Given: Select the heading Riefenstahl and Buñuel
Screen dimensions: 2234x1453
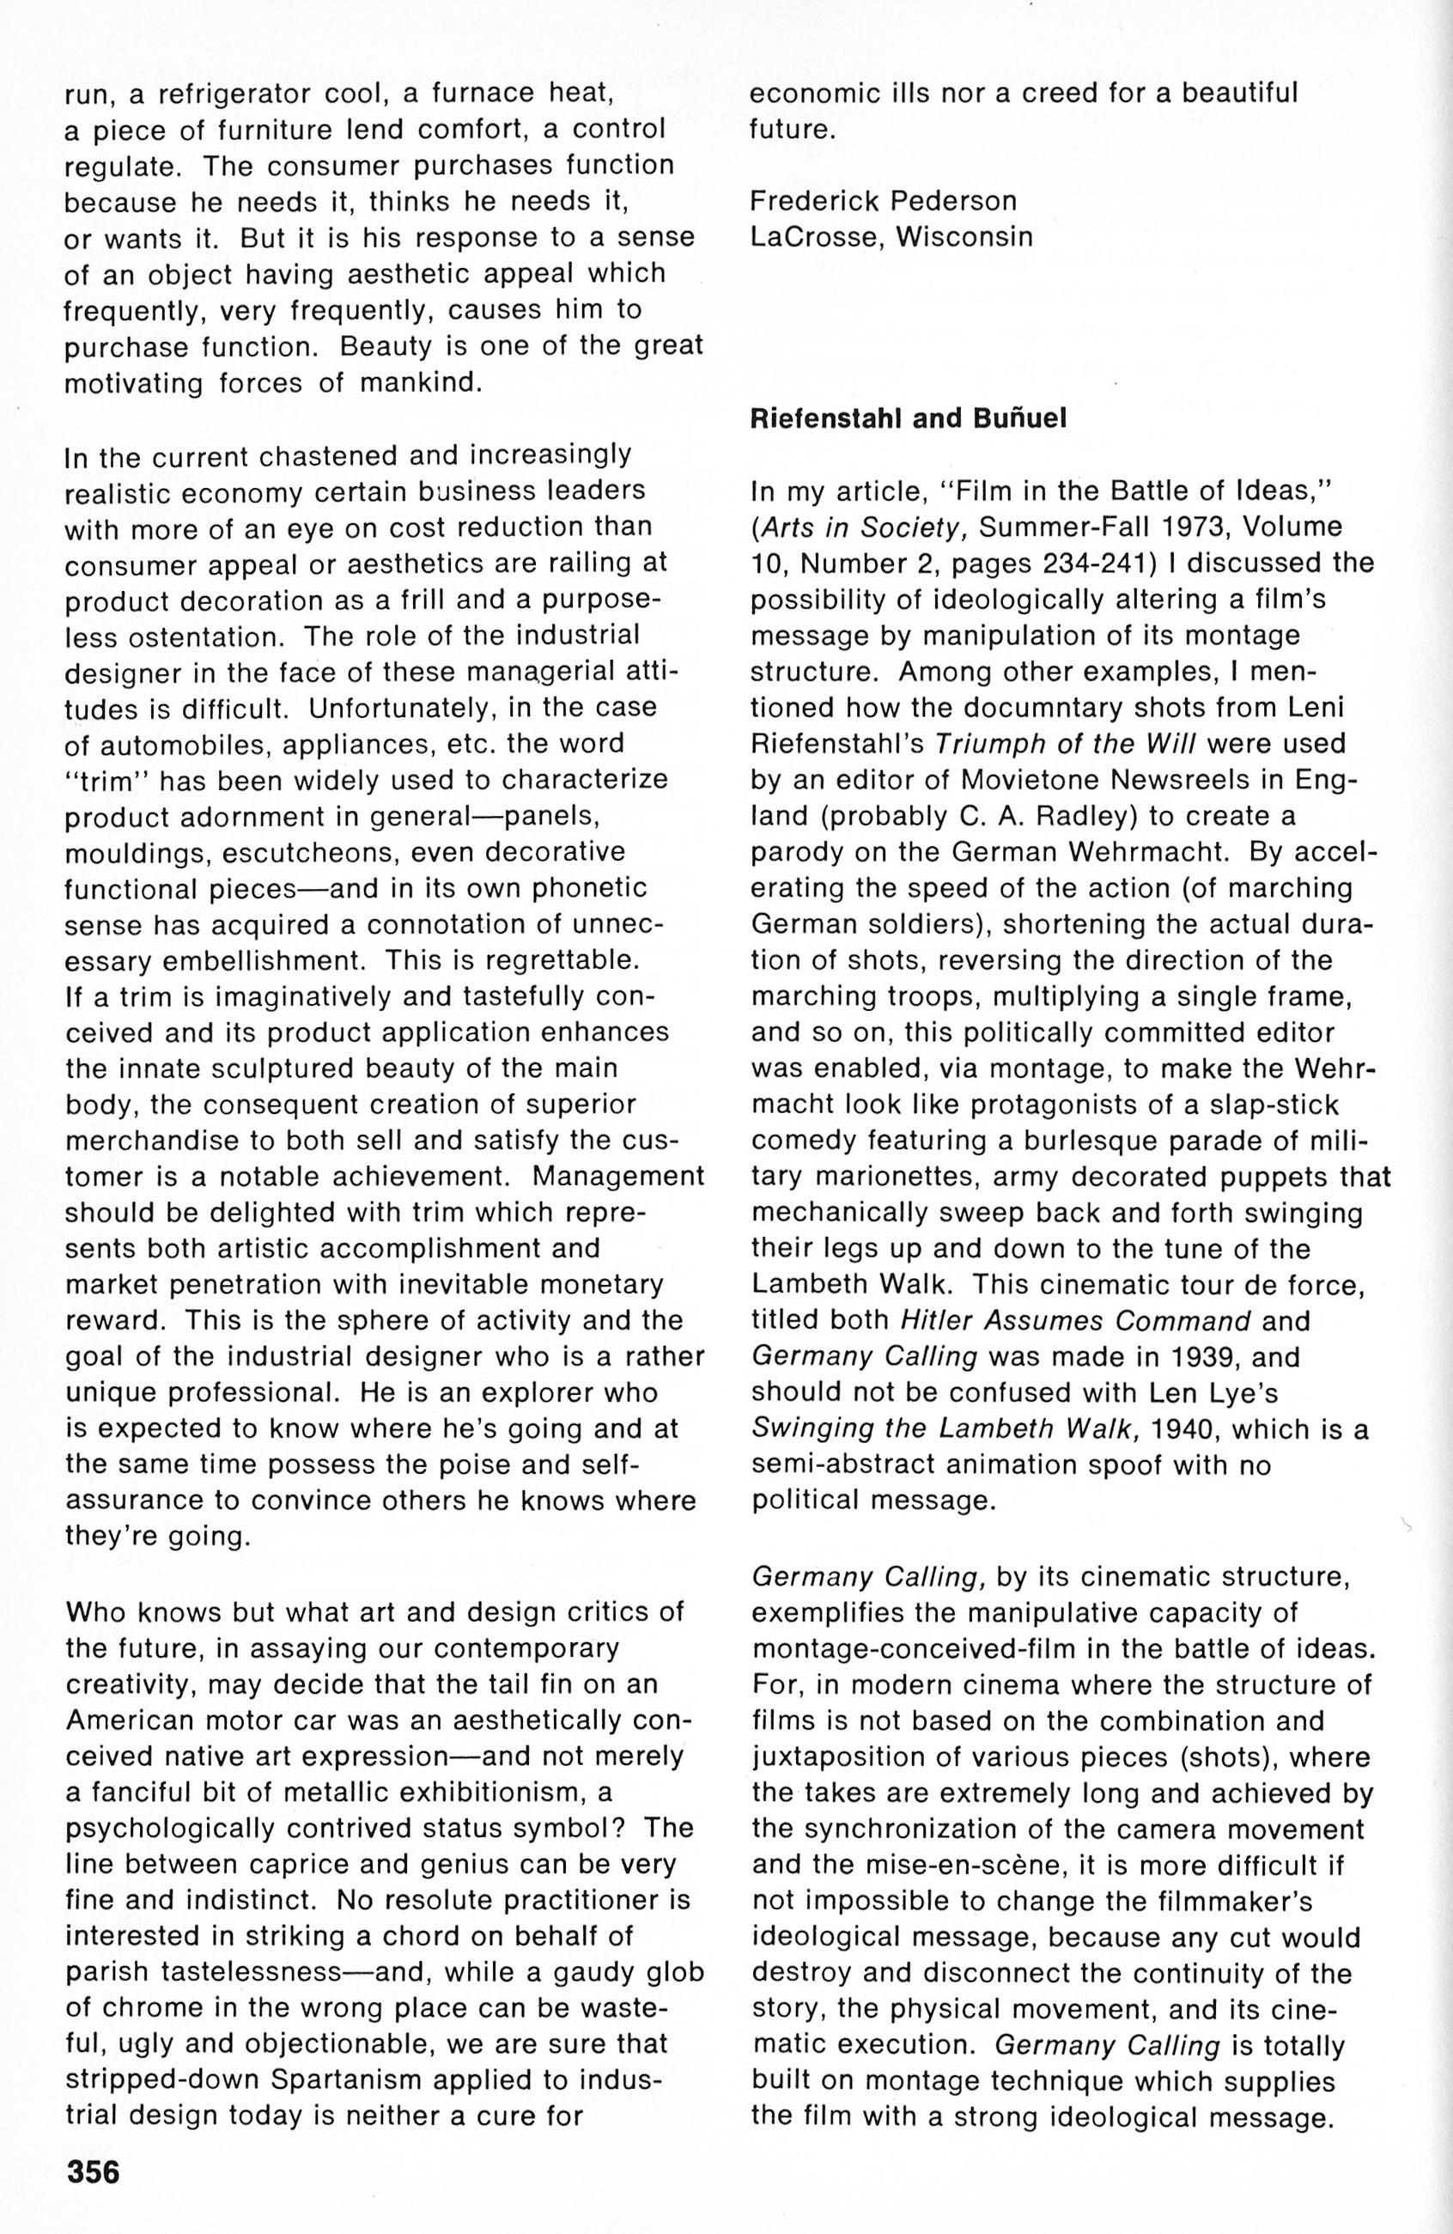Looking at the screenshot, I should click(x=909, y=418).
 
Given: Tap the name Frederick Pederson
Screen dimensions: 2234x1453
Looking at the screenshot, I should click(x=884, y=201).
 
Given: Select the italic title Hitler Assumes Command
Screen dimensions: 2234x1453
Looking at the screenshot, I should click(x=1075, y=1321).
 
